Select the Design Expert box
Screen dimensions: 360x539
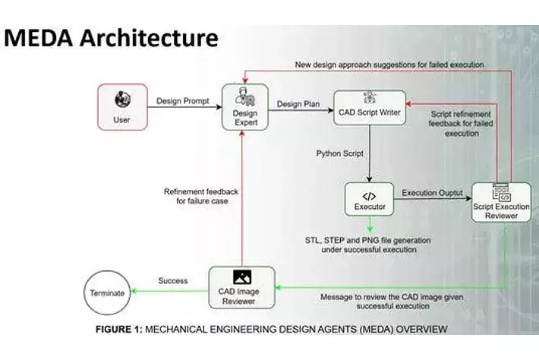tap(245, 106)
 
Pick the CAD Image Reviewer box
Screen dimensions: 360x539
tap(242, 288)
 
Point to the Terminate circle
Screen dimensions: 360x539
tap(106, 292)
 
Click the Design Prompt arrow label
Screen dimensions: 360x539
tap(182, 100)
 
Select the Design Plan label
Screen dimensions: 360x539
tap(298, 104)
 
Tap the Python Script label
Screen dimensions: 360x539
tap(341, 153)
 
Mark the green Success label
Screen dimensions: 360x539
tap(172, 280)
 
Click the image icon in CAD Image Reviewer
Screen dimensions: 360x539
tap(242, 276)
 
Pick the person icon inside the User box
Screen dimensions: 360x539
tap(121, 99)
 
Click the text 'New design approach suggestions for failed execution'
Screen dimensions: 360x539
tap(388, 65)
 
